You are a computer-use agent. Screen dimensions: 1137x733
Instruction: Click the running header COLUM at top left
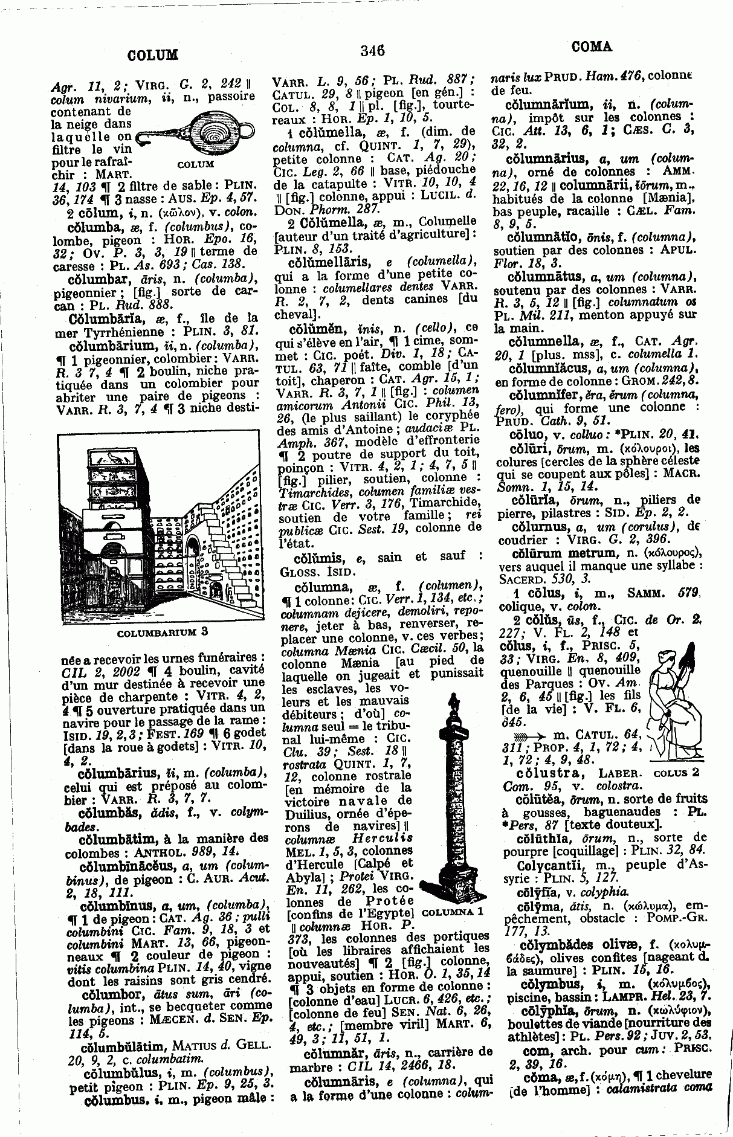[153, 56]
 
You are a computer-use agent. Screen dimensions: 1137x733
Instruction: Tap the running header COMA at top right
[591, 46]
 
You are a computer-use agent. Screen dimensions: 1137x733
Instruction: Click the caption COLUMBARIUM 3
[161, 633]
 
